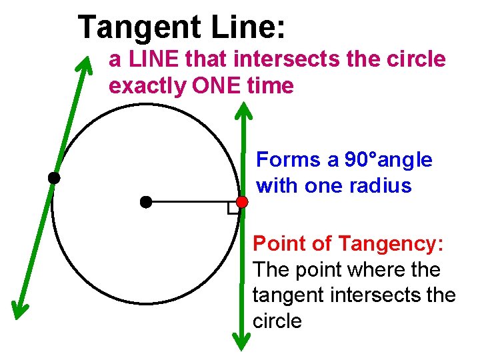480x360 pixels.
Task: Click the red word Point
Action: point(279,244)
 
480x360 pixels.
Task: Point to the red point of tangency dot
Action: point(242,201)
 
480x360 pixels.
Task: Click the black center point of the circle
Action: point(145,201)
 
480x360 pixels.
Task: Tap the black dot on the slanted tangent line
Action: point(53,178)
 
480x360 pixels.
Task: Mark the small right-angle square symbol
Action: point(233,209)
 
